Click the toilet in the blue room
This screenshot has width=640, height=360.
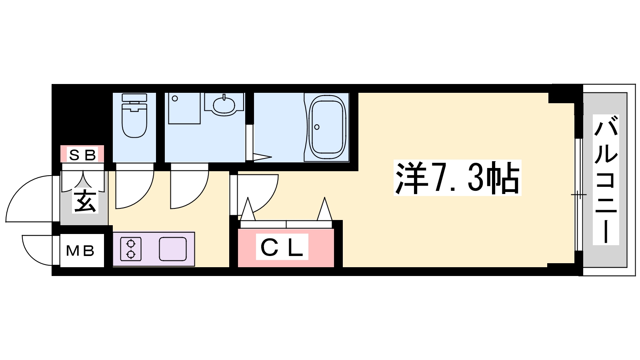click(134, 116)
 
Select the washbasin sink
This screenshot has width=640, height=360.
click(224, 104)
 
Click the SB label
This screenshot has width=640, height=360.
click(82, 155)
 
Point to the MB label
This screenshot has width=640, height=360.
click(80, 251)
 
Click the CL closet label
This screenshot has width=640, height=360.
click(282, 247)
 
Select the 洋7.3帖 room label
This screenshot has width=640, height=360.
click(457, 178)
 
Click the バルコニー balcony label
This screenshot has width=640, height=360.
click(606, 180)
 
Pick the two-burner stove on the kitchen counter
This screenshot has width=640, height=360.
click(131, 249)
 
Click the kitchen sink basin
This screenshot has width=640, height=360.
click(172, 249)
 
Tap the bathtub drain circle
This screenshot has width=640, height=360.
click(316, 127)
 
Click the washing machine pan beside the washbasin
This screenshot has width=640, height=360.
click(184, 108)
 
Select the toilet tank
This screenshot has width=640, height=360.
click(134, 98)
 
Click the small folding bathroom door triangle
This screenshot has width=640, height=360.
click(262, 157)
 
